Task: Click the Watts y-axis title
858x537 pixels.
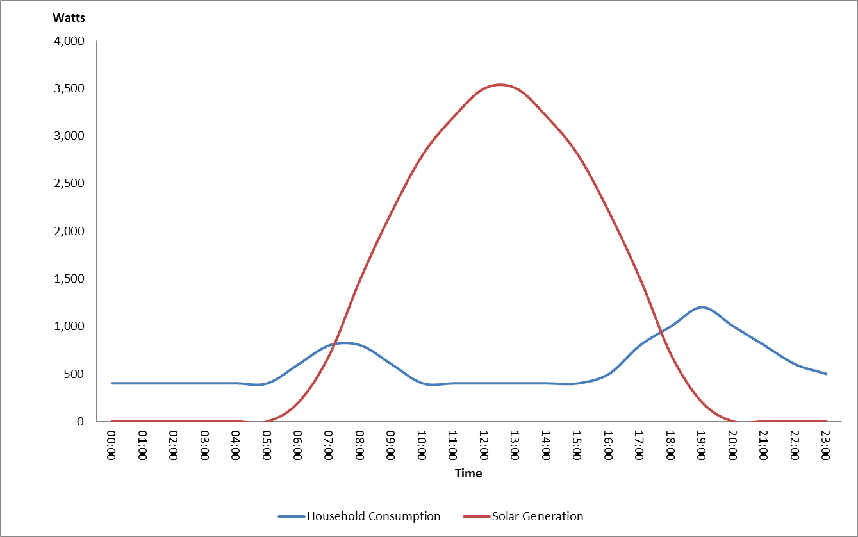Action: click(x=69, y=18)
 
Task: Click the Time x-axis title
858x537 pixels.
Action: click(x=468, y=474)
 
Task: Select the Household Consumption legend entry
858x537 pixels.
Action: click(x=374, y=516)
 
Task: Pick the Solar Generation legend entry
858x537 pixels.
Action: click(x=538, y=516)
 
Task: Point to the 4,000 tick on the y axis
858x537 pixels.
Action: click(x=67, y=41)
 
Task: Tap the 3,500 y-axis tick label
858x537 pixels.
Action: click(x=67, y=88)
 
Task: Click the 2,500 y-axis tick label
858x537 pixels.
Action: click(x=67, y=183)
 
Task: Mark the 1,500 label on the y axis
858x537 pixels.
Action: click(x=67, y=279)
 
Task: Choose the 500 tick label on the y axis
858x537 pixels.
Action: click(x=72, y=374)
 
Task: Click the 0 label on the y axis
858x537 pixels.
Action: click(x=80, y=421)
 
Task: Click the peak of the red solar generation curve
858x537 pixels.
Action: click(x=500, y=85)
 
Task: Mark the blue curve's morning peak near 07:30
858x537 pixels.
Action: click(x=345, y=343)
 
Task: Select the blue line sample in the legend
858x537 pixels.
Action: click(x=291, y=516)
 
